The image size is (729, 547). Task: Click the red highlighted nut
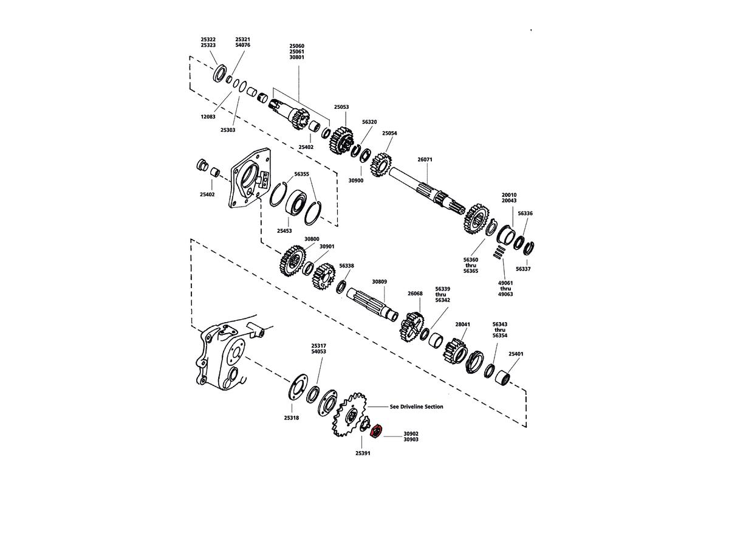pos(375,432)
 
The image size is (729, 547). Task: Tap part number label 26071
pos(425,160)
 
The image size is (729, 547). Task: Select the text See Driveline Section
pos(416,407)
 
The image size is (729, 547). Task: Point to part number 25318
pos(291,418)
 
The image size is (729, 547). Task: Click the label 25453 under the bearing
pos(285,231)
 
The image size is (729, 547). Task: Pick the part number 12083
pos(208,117)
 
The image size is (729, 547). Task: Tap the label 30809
pos(379,282)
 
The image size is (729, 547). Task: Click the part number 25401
pos(516,354)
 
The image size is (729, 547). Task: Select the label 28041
pos(462,325)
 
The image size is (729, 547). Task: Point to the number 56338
pos(346,266)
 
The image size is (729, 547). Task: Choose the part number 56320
pos(369,122)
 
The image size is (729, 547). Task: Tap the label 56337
pos(523,269)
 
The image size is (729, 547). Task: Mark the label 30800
pos(312,239)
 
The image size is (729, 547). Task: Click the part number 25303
pos(228,130)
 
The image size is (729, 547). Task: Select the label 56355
pos(301,174)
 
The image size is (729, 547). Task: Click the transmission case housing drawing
pos(222,359)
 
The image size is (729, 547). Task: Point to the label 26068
pos(415,294)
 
